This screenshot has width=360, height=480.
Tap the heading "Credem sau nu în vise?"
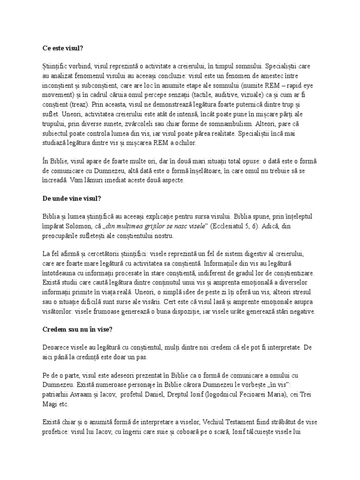point(76,330)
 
